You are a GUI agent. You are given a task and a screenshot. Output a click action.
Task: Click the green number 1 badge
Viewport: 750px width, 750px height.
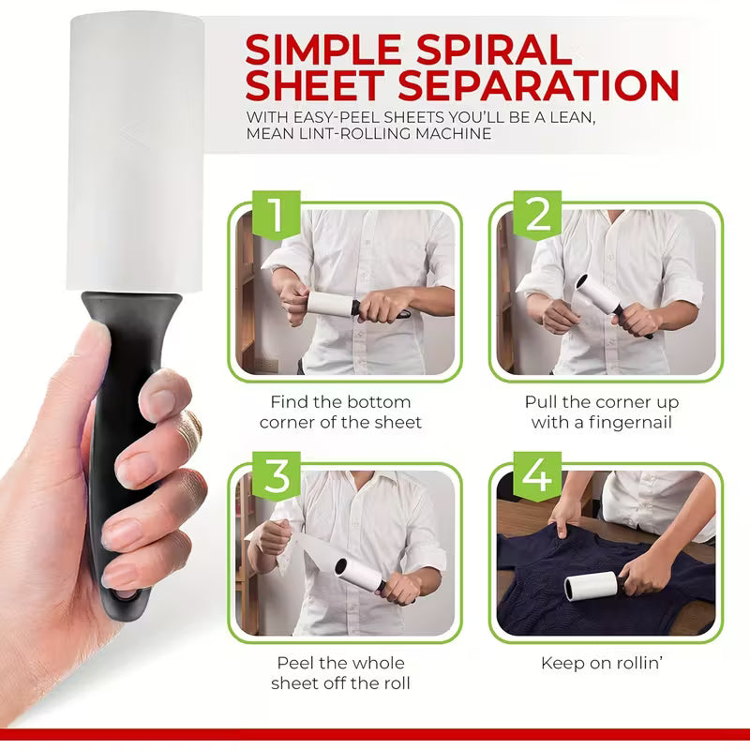[x=276, y=217]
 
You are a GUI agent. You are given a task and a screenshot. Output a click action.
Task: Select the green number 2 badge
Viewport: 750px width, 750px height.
[x=537, y=217]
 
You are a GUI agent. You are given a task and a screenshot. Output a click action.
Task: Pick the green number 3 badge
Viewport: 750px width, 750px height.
[x=276, y=476]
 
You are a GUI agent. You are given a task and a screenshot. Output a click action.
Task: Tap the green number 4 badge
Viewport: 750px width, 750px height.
[x=537, y=476]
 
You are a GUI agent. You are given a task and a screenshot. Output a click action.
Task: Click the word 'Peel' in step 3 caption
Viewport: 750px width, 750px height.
[x=295, y=663]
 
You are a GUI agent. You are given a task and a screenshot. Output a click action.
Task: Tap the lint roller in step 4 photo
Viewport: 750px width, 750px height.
[x=591, y=588]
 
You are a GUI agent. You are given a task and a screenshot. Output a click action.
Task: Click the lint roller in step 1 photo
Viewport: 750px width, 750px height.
[x=328, y=306]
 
